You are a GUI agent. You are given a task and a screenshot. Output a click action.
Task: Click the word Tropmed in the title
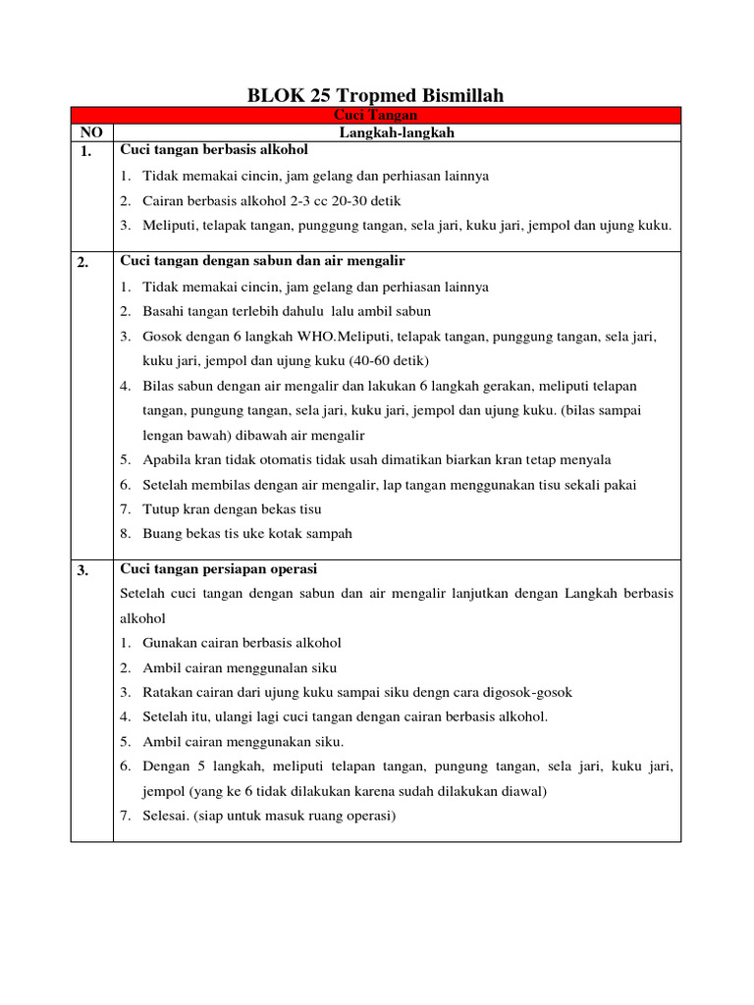(x=378, y=95)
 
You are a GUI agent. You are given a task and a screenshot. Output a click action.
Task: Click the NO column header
(x=92, y=132)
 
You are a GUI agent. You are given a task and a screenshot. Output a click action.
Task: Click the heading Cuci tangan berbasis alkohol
(x=214, y=150)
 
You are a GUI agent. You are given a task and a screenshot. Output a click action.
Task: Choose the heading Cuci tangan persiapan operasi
(x=218, y=570)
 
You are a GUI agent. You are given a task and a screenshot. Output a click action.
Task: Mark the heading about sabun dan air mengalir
(x=262, y=261)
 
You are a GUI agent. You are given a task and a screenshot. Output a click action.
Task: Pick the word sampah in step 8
(x=329, y=534)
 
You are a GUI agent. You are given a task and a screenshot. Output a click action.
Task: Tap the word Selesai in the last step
(x=167, y=815)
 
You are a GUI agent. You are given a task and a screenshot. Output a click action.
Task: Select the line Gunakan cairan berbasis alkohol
(x=242, y=643)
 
